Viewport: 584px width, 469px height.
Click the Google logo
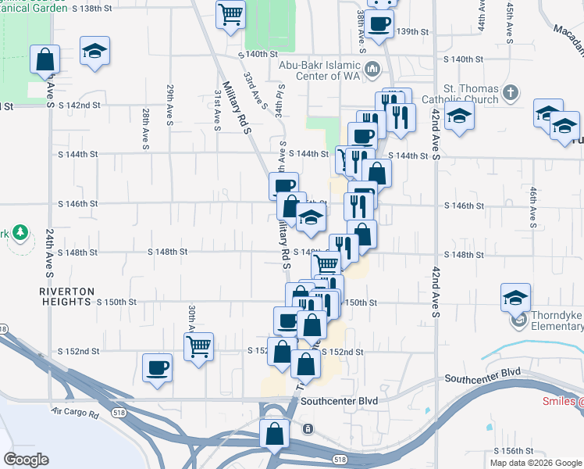click(26, 460)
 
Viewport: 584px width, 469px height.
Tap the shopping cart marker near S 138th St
click(230, 13)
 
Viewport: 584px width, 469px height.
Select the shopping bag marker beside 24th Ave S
click(45, 59)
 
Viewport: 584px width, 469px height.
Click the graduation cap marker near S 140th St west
click(94, 51)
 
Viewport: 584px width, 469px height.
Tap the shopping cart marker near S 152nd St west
click(199, 345)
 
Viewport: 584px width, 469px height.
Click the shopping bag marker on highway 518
click(274, 433)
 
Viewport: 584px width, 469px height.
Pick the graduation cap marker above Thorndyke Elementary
click(515, 298)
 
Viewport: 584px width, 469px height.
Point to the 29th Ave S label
click(169, 106)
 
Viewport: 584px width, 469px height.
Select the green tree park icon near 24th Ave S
click(20, 233)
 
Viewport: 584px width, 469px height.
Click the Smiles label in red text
click(563, 402)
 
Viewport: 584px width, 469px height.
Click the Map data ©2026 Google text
click(535, 463)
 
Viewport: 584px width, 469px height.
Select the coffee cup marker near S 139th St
click(379, 23)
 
